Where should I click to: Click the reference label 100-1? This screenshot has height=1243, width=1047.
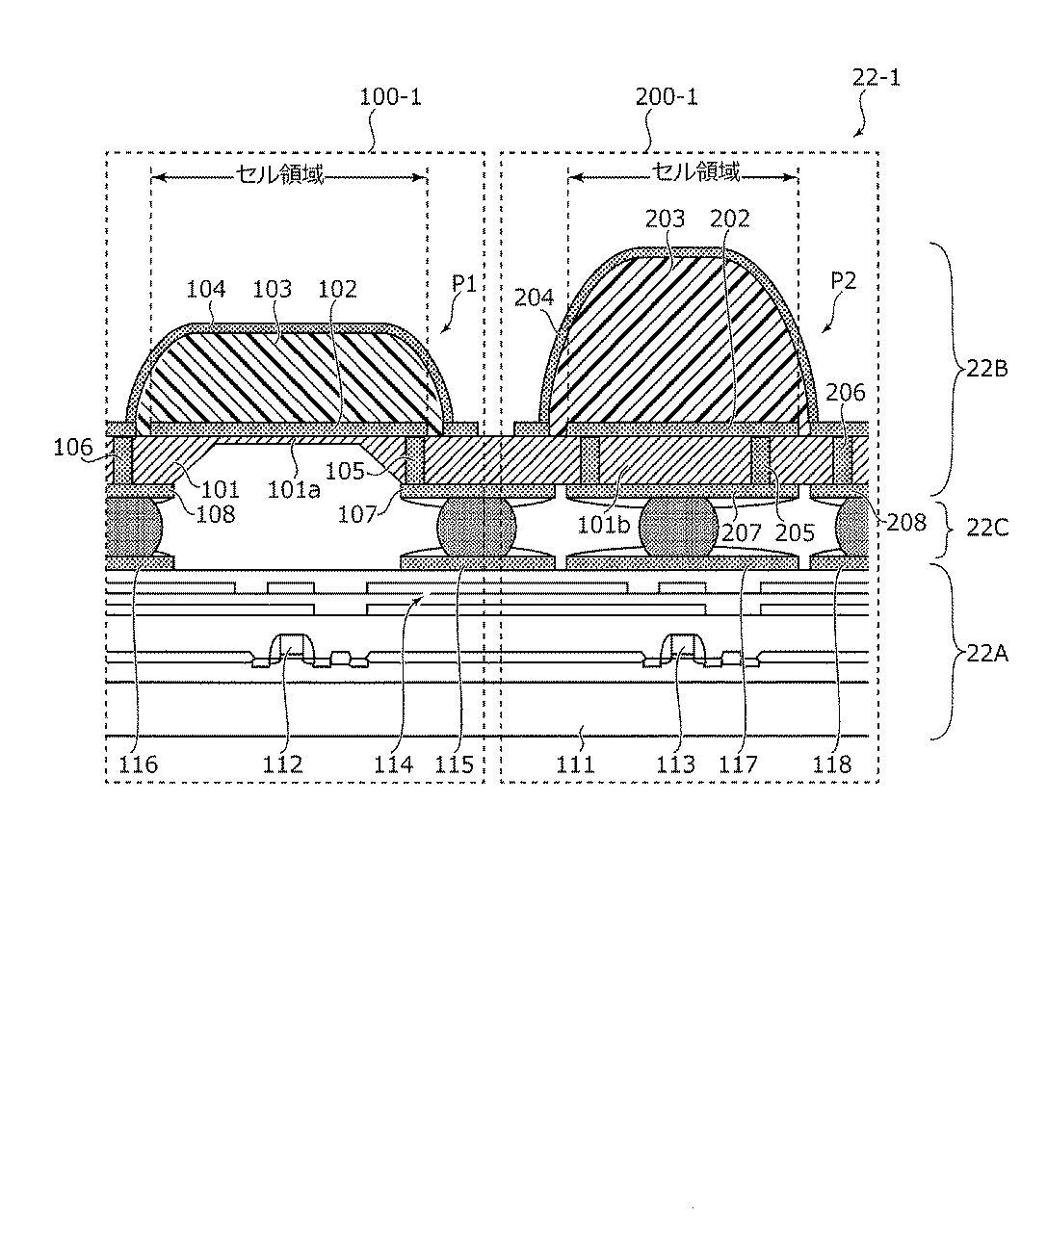390,97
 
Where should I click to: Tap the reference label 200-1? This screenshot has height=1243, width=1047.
667,97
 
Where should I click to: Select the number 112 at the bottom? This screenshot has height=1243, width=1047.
283,764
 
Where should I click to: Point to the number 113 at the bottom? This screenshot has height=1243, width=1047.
676,764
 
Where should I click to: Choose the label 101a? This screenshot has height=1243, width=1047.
294,490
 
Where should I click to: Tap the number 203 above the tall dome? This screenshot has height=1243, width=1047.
665,220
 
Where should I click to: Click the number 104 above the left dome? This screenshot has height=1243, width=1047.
206,289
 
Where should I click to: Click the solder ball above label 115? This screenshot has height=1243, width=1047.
477,526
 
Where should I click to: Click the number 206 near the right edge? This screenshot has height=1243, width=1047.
846,393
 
